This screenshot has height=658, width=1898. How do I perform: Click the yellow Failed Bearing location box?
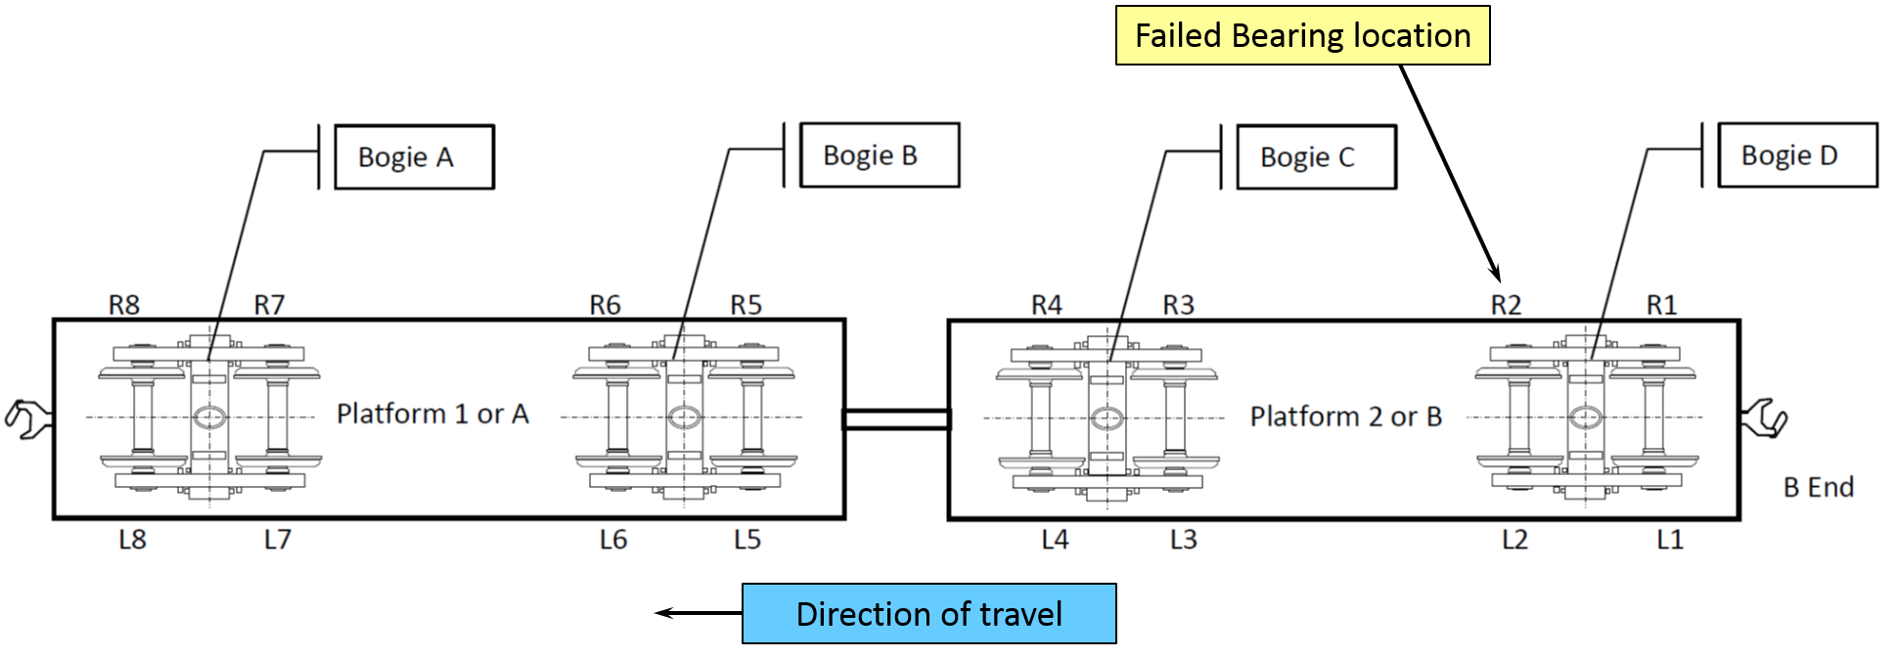pyautogui.click(x=1302, y=36)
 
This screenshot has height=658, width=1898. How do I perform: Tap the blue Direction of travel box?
pyautogui.click(x=928, y=614)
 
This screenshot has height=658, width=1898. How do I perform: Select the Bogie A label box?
pyautogui.click(x=414, y=156)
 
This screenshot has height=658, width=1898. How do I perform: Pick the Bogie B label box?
pyautogui.click(x=879, y=154)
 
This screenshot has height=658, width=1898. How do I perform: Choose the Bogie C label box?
pyautogui.click(x=1316, y=156)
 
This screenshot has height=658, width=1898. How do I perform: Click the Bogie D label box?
pyautogui.click(x=1797, y=154)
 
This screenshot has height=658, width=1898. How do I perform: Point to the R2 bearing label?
pyautogui.click(x=1506, y=305)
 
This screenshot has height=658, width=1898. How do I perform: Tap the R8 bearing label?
pyautogui.click(x=124, y=305)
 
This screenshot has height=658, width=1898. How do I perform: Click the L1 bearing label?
pyautogui.click(x=1669, y=539)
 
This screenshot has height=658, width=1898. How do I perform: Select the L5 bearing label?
pyautogui.click(x=746, y=539)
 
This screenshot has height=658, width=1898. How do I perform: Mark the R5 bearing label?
pyautogui.click(x=746, y=305)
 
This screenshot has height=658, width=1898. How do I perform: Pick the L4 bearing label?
pyautogui.click(x=1055, y=539)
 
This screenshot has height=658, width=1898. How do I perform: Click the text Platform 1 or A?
pyautogui.click(x=432, y=414)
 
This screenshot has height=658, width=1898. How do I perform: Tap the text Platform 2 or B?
pyautogui.click(x=1345, y=417)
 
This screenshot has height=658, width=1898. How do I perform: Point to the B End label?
pyautogui.click(x=1818, y=487)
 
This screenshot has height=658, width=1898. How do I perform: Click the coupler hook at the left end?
pyautogui.click(x=28, y=418)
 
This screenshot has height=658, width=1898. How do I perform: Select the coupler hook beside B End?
pyautogui.click(x=1765, y=418)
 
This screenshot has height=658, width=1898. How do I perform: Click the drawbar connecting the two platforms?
pyautogui.click(x=896, y=419)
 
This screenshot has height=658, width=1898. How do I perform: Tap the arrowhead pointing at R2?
pyautogui.click(x=1494, y=273)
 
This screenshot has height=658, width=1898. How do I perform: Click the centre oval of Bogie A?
pyautogui.click(x=209, y=417)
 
